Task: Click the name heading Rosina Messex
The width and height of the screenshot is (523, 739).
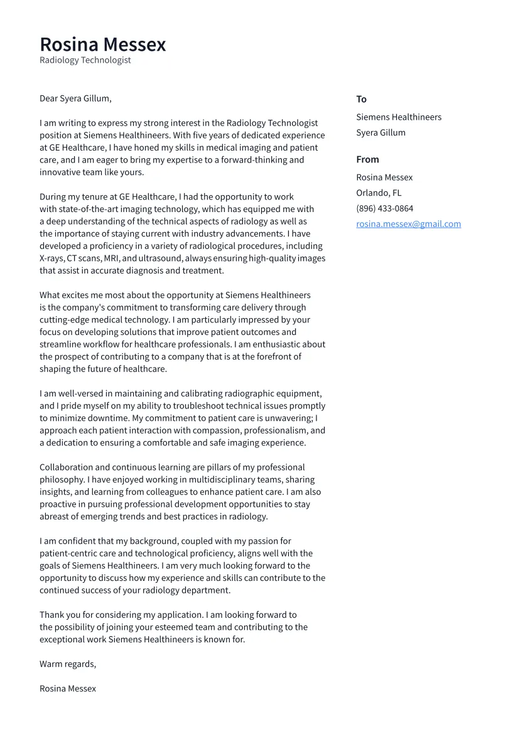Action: pos(103,45)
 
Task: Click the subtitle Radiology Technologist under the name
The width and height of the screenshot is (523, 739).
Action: pos(85,60)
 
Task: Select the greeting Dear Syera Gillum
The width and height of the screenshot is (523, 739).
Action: pos(75,98)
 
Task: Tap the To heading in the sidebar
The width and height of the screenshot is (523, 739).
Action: pos(361,99)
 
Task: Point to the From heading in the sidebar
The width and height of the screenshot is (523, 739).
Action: pos(367,159)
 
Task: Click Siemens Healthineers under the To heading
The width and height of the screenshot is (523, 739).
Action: pos(399,117)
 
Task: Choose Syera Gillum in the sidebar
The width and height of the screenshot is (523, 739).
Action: pos(380,132)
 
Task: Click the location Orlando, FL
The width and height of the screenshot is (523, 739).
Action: pos(379,193)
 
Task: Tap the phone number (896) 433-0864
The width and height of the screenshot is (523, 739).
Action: pos(384,208)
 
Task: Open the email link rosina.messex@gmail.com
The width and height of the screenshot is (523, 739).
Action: pos(408,224)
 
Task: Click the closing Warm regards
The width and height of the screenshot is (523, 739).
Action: pos(68,664)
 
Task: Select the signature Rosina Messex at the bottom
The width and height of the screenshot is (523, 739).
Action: pos(68,688)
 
